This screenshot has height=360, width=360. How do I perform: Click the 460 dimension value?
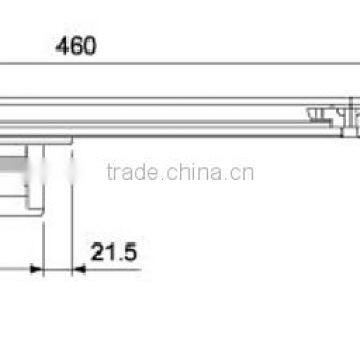[x=77, y=46]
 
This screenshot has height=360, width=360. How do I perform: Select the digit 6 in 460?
[x=77, y=46]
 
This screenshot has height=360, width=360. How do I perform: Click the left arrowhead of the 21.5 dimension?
[x=36, y=268]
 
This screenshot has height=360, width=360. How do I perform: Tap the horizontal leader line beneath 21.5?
[x=110, y=268]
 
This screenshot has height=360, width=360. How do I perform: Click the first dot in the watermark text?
[x=181, y=178]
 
